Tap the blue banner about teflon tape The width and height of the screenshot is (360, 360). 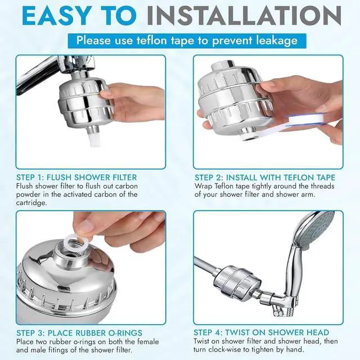[187, 40]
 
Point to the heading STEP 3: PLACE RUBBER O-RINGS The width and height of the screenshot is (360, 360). [79, 332]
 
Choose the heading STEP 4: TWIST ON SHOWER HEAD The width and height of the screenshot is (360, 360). [262, 332]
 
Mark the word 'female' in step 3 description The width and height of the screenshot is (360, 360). [133, 341]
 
